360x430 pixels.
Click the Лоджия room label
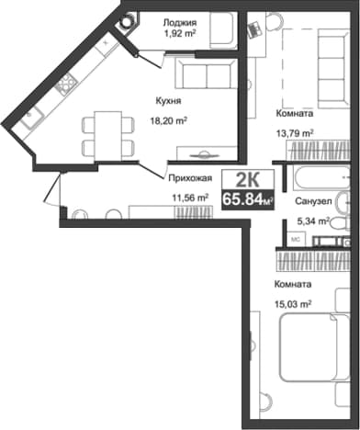click(180, 23)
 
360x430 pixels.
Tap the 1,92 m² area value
click(180, 33)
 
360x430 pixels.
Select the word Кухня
click(168, 101)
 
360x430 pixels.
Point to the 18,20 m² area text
click(169, 121)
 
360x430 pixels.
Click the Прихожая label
click(190, 178)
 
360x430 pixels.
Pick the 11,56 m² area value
click(190, 198)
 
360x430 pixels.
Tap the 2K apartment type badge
click(248, 179)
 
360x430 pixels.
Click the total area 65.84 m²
click(248, 199)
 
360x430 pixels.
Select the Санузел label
click(313, 201)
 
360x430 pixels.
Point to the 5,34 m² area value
click(313, 221)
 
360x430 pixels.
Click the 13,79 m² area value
click(295, 134)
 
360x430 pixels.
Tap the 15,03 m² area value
click(293, 304)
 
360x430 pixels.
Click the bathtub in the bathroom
click(321, 178)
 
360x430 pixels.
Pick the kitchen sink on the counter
click(31, 117)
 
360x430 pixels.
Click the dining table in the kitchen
click(108, 135)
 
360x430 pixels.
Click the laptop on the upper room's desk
click(254, 29)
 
